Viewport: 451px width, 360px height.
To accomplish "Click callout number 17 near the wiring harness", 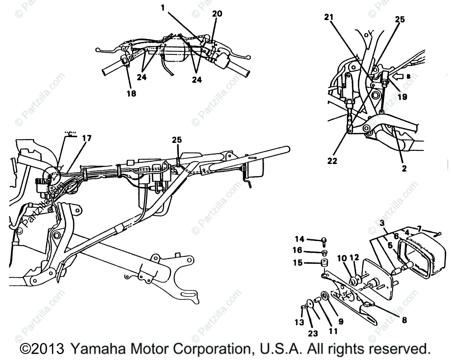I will click(x=86, y=138).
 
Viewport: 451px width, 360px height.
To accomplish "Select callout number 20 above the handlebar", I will click(x=217, y=14).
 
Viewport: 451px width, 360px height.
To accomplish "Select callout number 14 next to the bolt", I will click(x=299, y=239).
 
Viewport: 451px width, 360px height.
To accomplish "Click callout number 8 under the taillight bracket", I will click(x=404, y=321).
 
